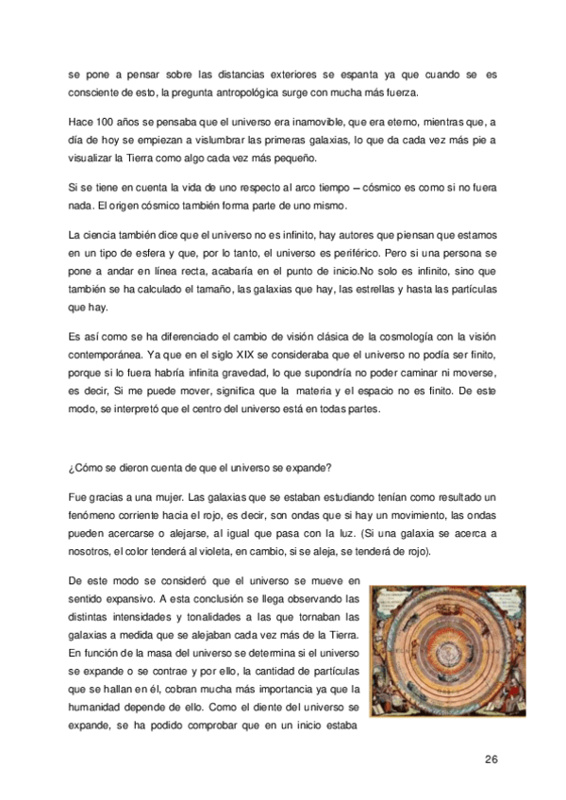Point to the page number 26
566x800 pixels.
[x=491, y=759]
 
